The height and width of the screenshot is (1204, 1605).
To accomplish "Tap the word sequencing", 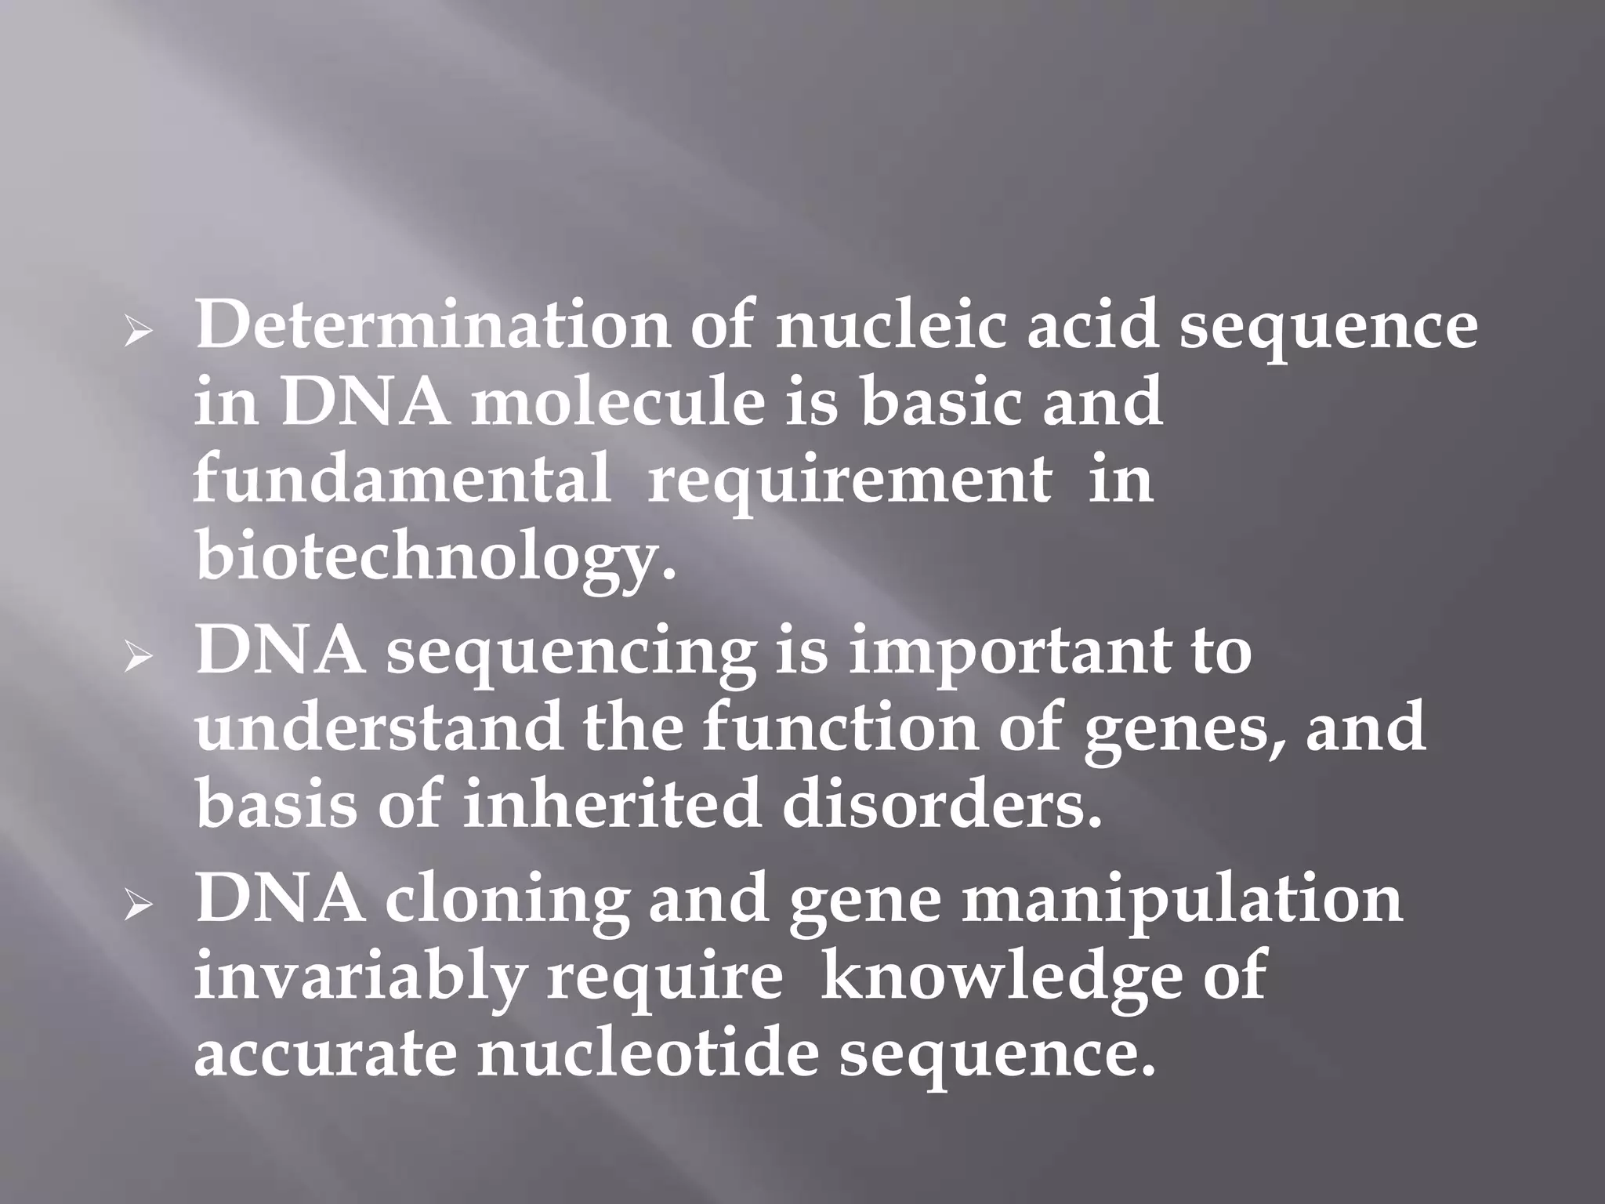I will coord(571,653).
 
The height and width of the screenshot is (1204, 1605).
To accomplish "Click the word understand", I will coord(379,727).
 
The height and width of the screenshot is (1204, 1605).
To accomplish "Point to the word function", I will coord(839,727).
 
